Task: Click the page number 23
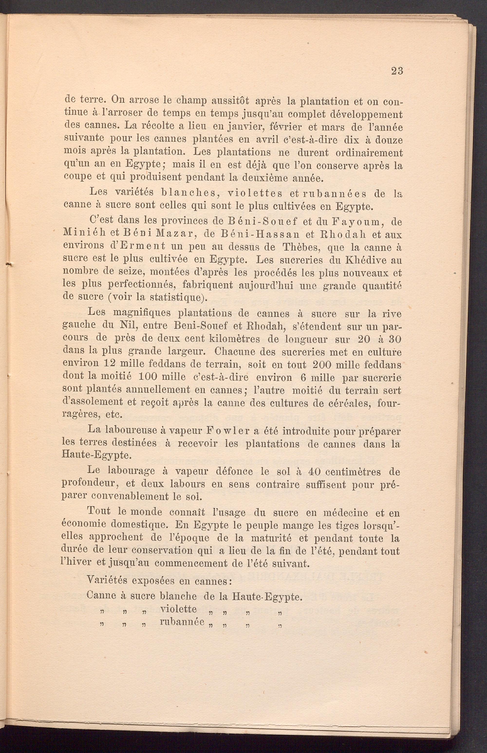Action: [397, 71]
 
